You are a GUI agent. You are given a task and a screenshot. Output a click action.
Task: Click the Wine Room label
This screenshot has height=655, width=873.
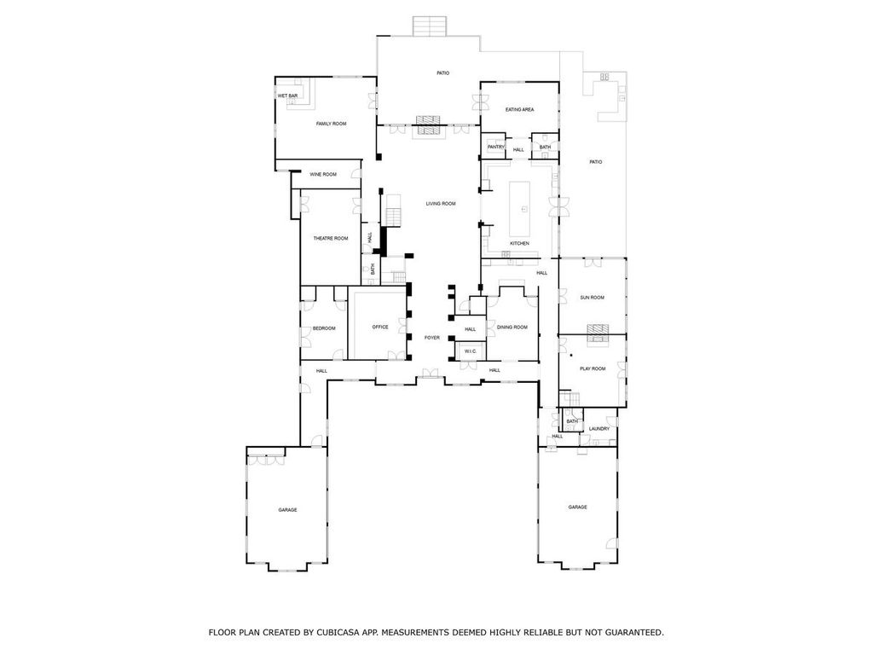323,174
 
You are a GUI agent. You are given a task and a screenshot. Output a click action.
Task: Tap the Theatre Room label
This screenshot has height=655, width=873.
331,239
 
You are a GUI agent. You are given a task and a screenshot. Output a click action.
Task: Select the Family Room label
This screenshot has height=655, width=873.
332,124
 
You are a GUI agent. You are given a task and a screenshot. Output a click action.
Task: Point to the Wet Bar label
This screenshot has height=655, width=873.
287,96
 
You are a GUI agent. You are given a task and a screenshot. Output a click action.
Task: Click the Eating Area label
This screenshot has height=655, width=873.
519,110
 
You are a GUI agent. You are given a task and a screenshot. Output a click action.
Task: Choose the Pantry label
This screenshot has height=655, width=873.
495,147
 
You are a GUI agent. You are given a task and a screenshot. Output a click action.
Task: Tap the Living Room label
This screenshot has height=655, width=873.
441,204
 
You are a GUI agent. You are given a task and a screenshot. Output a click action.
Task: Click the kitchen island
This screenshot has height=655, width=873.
519,208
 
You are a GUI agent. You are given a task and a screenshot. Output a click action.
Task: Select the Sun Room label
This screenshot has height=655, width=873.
592,298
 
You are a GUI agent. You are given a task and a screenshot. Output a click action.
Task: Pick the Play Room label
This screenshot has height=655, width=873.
593,368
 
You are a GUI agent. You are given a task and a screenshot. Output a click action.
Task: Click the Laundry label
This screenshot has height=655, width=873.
599,429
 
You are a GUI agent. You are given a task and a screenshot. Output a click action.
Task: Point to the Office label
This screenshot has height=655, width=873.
380,327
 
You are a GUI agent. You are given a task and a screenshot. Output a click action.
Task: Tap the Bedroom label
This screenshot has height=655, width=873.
324,328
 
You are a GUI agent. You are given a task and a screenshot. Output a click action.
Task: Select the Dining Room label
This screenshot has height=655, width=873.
512,327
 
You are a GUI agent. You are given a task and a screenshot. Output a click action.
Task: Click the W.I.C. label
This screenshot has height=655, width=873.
471,351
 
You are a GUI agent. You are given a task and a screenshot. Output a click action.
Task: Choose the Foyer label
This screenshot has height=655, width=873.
432,338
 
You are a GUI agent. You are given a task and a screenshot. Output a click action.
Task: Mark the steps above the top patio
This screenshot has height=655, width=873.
430,26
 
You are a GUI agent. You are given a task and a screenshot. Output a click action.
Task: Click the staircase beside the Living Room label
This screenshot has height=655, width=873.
394,211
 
